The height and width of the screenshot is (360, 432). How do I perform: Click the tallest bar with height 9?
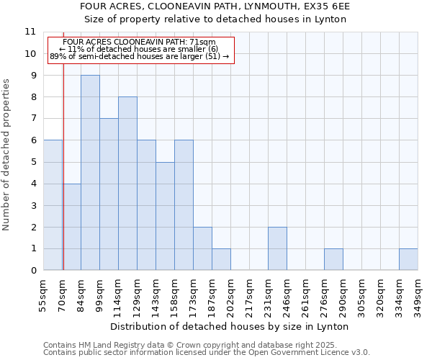point(90,173)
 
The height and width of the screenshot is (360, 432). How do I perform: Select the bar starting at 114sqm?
point(127,184)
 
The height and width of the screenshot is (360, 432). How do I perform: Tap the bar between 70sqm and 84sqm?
point(71,227)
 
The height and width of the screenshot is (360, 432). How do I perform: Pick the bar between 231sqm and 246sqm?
point(277,248)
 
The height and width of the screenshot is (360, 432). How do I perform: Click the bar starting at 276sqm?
point(333,259)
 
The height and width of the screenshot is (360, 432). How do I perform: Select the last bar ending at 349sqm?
point(408,259)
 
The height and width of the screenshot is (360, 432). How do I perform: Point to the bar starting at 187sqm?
point(221,259)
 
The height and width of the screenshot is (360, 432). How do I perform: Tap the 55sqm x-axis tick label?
point(44,294)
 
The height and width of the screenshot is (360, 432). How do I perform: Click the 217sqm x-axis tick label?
point(250,294)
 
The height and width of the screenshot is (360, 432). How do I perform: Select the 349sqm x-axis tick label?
point(418,294)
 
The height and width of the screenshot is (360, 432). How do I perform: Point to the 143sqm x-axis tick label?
point(156,294)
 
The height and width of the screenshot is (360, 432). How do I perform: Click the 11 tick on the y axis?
point(30,32)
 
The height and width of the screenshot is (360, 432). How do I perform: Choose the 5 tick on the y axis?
point(33,162)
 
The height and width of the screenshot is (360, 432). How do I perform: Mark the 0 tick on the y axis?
point(33,271)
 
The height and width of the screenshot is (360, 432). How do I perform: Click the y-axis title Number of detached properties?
point(7,155)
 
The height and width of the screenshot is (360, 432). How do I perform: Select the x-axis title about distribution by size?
point(230,326)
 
